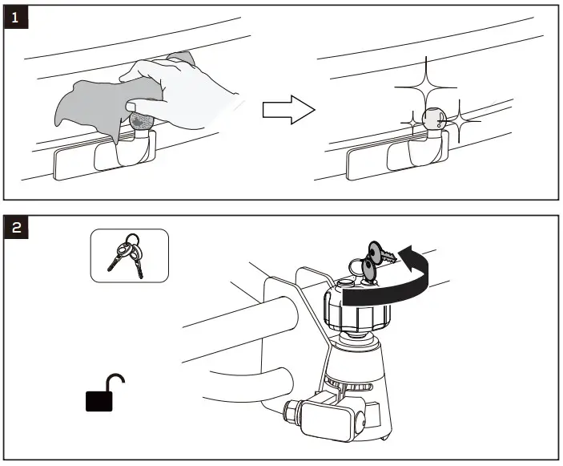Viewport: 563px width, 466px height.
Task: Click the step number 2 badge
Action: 16,228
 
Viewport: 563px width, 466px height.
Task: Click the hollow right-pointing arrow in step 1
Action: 287,111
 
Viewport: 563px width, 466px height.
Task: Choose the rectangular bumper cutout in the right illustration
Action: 366,165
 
